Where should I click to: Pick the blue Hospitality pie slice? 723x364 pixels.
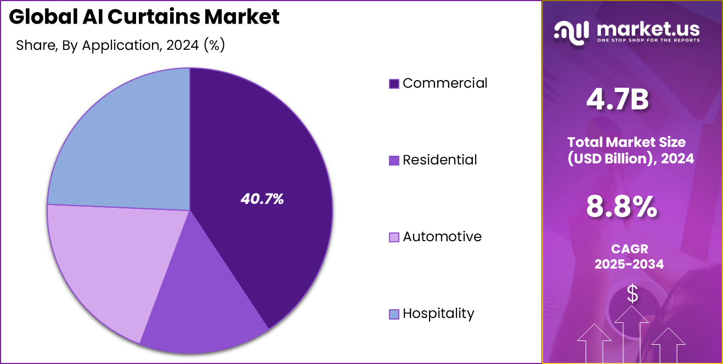(x=126, y=143)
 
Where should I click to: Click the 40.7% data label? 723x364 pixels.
(x=262, y=200)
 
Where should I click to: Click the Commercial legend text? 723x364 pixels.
(x=445, y=83)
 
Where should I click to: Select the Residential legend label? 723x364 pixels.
(x=440, y=160)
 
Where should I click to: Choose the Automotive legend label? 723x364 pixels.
(x=442, y=237)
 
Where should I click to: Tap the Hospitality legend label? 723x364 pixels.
(x=438, y=314)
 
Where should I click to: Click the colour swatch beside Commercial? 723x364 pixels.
(x=394, y=84)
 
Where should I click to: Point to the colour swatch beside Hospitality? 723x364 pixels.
(x=394, y=314)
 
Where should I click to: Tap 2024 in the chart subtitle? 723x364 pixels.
(x=183, y=46)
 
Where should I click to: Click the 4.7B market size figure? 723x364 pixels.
(x=618, y=100)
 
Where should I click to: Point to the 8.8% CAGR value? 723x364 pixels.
(x=622, y=207)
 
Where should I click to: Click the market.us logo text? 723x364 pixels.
(x=647, y=27)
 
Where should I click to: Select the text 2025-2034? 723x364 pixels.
(x=629, y=264)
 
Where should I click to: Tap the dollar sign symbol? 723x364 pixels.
(x=632, y=294)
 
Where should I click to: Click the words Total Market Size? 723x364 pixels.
(x=626, y=142)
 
